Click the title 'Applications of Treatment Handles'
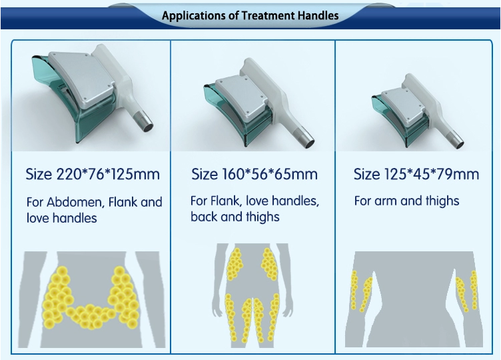(x=250, y=15)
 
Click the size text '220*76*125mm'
(x=108, y=174)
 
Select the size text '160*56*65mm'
(x=270, y=174)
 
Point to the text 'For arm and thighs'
(x=407, y=201)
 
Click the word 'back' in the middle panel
(x=204, y=217)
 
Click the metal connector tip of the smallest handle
(x=455, y=141)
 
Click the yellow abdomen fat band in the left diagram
(x=91, y=317)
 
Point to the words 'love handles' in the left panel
(x=62, y=218)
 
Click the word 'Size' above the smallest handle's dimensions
(x=368, y=174)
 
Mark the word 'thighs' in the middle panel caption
(x=262, y=217)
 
